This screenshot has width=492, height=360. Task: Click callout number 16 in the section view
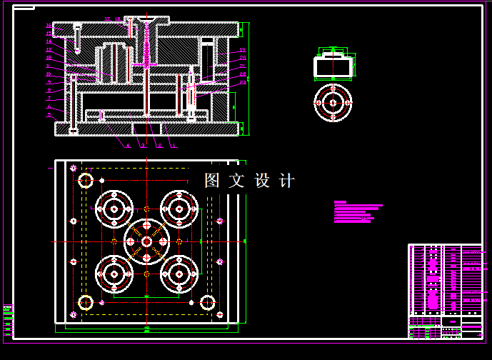tap(49, 26)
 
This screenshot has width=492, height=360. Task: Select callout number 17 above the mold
tap(107, 19)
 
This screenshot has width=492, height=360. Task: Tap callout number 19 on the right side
tap(243, 50)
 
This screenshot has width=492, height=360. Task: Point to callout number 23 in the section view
tap(243, 82)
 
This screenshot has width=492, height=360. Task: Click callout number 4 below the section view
tap(127, 146)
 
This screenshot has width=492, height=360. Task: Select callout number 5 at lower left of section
tap(49, 114)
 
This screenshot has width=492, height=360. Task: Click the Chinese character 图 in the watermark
tap(212, 181)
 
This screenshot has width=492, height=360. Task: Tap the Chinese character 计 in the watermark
tap(287, 181)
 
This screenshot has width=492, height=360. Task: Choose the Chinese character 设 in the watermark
tap(262, 181)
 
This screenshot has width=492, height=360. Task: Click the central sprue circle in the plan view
tap(146, 241)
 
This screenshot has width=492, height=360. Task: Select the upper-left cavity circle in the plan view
tap(114, 209)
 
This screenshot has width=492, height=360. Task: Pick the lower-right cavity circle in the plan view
tap(179, 272)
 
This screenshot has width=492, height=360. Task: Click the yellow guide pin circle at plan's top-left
tap(85, 180)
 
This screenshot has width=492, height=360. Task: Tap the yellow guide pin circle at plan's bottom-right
tap(207, 303)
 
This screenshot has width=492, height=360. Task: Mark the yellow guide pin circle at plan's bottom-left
tap(85, 303)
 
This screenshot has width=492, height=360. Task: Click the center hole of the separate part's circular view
tap(333, 103)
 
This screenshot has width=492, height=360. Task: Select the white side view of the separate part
tap(333, 66)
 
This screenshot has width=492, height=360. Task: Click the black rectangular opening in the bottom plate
tap(146, 128)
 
